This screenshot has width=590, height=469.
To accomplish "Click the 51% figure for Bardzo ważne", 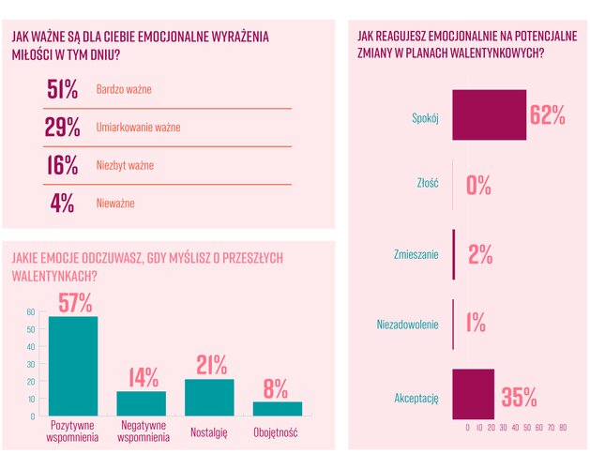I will pos(63,90).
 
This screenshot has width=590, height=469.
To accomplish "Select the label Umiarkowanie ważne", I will pos(138,128).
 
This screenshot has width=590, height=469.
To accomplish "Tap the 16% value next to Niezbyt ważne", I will pos(63,165).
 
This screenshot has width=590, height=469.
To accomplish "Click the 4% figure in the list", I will pos(63,203).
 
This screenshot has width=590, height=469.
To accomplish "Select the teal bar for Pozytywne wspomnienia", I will pos(73,367).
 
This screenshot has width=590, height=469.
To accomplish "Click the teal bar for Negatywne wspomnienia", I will pos(142,403).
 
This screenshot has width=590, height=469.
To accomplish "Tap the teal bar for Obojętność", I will pos(278,408).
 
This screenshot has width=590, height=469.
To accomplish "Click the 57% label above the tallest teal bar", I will pos(74,302).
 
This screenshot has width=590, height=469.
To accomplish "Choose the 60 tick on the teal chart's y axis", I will pos(30,312).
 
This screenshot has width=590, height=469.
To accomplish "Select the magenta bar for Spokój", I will pos(490,114).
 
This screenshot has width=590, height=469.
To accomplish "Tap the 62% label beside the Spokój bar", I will pos(547,114).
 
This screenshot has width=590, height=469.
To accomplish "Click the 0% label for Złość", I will pos(478,185).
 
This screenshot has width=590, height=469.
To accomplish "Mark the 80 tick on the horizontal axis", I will pos(563,427).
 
